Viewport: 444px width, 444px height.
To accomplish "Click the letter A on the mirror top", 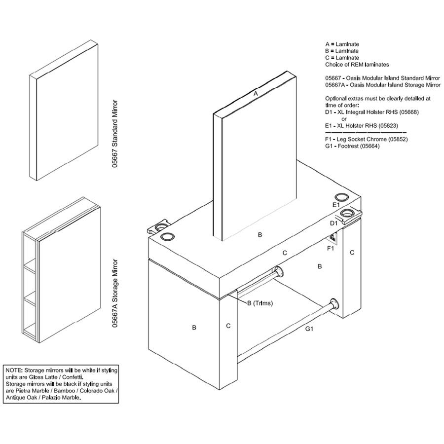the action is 256,93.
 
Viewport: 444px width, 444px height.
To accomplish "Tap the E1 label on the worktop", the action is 336,205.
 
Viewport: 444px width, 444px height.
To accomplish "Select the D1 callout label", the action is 334,223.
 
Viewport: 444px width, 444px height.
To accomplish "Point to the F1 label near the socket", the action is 331,248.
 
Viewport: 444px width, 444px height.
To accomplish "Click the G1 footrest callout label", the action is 309,329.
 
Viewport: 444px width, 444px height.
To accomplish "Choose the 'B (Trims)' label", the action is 260,303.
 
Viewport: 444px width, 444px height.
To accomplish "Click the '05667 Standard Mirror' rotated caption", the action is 114,134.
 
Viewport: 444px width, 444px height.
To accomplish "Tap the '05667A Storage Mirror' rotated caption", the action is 114,294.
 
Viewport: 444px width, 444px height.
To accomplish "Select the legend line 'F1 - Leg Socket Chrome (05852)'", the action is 367,139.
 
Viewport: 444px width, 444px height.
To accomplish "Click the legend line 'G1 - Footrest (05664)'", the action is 352,146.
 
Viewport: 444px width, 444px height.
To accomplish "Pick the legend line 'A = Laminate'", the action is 342,44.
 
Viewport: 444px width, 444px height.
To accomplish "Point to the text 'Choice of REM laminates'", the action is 357,65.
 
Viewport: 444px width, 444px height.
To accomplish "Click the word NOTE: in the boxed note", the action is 14,370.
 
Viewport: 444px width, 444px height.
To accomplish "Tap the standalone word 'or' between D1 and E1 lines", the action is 344,119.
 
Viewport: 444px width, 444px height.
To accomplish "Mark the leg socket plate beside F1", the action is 332,237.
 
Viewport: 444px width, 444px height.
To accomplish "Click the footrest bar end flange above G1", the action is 334,304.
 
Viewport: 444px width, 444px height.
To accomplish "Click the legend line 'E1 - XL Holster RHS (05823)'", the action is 361,126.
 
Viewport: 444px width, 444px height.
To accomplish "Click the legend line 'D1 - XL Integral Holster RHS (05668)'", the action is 372,112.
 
